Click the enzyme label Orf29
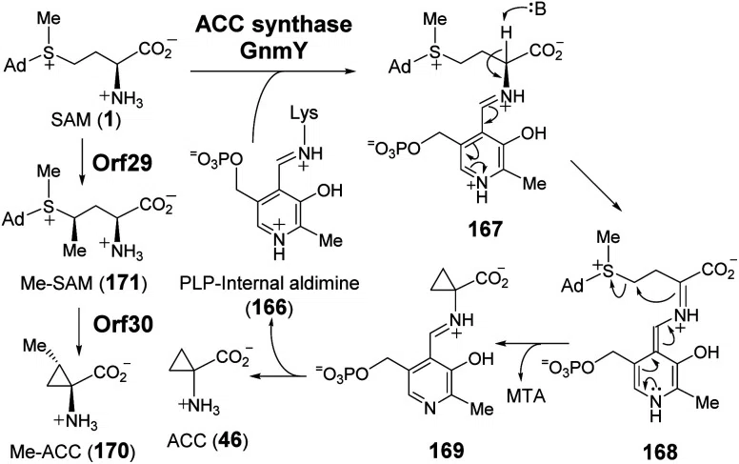pyautogui.click(x=122, y=163)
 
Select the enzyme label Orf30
pyautogui.click(x=123, y=324)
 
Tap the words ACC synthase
pyautogui.click(x=274, y=24)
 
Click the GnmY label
pyautogui.click(x=273, y=50)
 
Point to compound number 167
pyautogui.click(x=486, y=230)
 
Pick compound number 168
pyautogui.click(x=659, y=453)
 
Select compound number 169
pyautogui.click(x=446, y=451)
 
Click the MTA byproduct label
pyautogui.click(x=527, y=395)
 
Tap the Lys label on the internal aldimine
pyautogui.click(x=304, y=113)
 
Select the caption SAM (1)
pyautogui.click(x=85, y=120)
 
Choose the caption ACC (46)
pyautogui.click(x=208, y=440)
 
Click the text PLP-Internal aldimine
pyautogui.click(x=270, y=283)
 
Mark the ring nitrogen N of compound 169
pyautogui.click(x=429, y=408)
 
